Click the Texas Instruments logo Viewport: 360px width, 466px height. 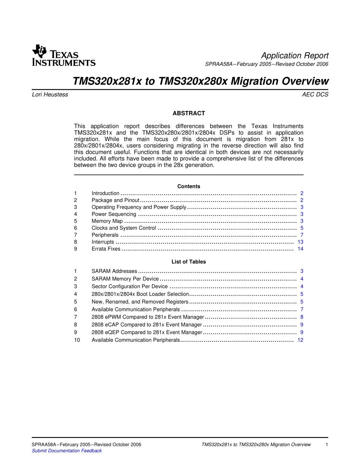[x=64, y=55]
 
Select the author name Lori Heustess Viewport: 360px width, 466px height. [x=50, y=95]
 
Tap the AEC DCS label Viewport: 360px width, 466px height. [x=315, y=95]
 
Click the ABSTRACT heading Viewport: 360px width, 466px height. [x=189, y=113]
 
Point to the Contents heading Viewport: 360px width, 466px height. [x=189, y=186]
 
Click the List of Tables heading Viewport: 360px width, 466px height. [x=189, y=262]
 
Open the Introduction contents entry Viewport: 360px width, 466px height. [x=105, y=193]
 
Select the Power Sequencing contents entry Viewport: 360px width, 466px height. [x=114, y=214]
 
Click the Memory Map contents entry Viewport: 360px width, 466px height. [x=107, y=221]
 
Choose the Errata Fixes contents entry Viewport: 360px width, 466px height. [x=106, y=249]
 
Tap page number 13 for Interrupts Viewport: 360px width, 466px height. [x=300, y=242]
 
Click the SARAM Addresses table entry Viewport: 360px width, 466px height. [x=114, y=271]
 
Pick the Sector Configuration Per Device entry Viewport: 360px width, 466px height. [x=130, y=286]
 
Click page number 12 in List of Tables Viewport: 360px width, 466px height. [x=300, y=340]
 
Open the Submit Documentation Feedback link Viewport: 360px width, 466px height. [x=67, y=451]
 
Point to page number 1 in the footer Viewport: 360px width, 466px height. [x=327, y=445]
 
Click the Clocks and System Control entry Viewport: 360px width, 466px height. [x=124, y=228]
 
